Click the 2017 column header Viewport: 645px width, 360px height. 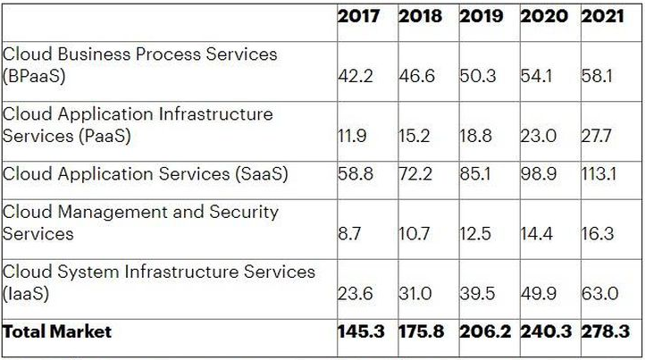click(x=358, y=16)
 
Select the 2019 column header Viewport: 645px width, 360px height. click(x=481, y=16)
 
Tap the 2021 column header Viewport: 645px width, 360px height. click(x=602, y=16)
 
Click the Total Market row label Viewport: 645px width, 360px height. click(x=57, y=331)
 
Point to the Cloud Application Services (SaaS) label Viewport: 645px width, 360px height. click(x=146, y=174)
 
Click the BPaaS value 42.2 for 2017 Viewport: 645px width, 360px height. click(x=356, y=76)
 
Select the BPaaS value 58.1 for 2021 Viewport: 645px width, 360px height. click(x=597, y=76)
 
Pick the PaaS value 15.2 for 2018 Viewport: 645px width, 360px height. click(x=415, y=136)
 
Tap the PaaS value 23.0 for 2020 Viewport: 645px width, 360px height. click(x=539, y=136)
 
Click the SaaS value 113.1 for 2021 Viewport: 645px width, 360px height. click(x=599, y=173)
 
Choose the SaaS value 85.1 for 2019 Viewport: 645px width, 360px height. click(x=475, y=173)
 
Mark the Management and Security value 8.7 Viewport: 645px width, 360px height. click(x=349, y=234)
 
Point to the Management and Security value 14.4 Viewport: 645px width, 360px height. click(x=536, y=234)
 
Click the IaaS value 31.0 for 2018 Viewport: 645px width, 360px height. click(x=415, y=294)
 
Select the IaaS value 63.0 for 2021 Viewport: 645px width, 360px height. click(x=599, y=294)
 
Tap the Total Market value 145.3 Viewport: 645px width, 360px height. click(x=361, y=331)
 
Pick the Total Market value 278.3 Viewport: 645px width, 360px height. click(x=606, y=331)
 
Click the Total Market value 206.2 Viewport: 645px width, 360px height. click(x=485, y=331)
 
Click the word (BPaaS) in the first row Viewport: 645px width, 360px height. click(x=34, y=77)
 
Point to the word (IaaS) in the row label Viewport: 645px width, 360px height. click(x=26, y=294)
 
